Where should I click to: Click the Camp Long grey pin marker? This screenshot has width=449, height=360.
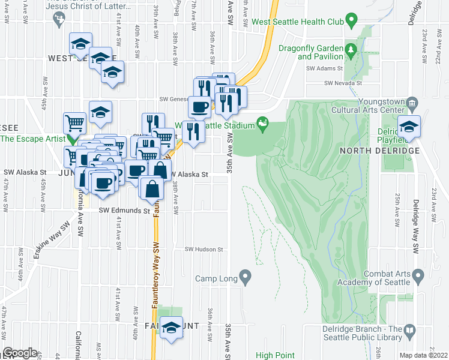coord(245,277)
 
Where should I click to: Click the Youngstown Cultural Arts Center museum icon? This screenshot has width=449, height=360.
coord(412,103)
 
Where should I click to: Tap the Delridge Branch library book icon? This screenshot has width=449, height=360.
coord(410,330)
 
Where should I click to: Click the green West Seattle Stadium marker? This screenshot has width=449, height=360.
coord(262,124)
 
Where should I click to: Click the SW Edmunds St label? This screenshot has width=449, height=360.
coord(124,211)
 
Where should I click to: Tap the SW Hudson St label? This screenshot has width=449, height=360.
coord(203,249)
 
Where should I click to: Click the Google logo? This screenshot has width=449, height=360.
coord(20,353)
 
